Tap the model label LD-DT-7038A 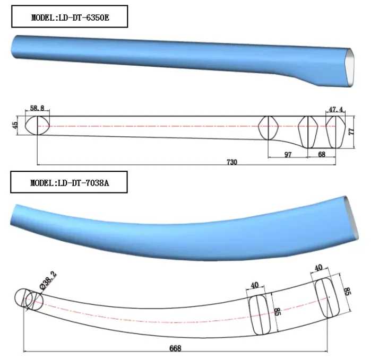[x=69, y=184]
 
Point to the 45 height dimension [x=15, y=126]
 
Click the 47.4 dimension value [x=335, y=109]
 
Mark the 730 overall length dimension [x=231, y=161]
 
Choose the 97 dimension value [x=288, y=154]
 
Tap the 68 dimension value [x=322, y=154]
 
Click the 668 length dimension [x=175, y=348]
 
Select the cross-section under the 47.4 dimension [x=335, y=131]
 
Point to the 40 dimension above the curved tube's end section [x=318, y=268]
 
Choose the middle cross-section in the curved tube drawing [x=260, y=314]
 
